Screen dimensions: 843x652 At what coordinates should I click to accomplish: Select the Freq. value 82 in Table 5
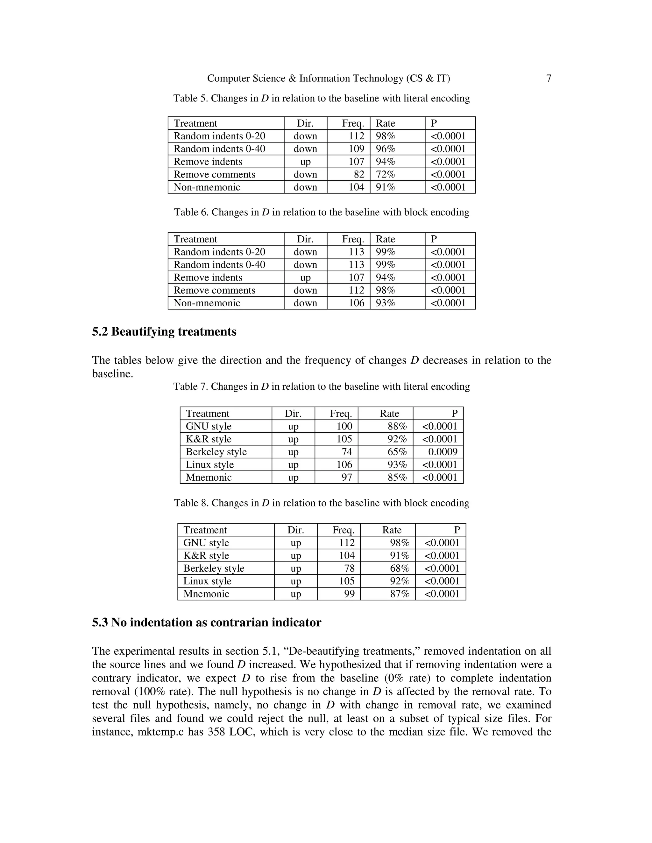coord(359,174)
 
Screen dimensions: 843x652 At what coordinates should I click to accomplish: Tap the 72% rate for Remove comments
coord(386,174)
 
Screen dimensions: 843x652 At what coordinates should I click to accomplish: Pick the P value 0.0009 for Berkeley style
coord(443,452)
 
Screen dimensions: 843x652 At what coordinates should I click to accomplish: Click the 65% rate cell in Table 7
coord(397,452)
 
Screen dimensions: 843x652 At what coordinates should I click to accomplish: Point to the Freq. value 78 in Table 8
coord(349,568)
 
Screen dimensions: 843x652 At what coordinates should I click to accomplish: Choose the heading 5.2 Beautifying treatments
coord(164,332)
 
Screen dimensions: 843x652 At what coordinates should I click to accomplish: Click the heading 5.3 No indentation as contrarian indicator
coord(206,623)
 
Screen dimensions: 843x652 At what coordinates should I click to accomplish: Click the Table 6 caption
coord(321,212)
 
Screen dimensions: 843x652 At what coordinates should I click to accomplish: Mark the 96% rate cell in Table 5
coord(386,149)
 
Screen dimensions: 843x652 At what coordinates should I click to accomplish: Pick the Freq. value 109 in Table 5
coord(356,149)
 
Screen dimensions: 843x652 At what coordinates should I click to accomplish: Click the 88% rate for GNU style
coord(397,427)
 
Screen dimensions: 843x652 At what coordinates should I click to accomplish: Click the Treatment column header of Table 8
coord(205,530)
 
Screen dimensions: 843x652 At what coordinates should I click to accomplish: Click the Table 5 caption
coord(321,98)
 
